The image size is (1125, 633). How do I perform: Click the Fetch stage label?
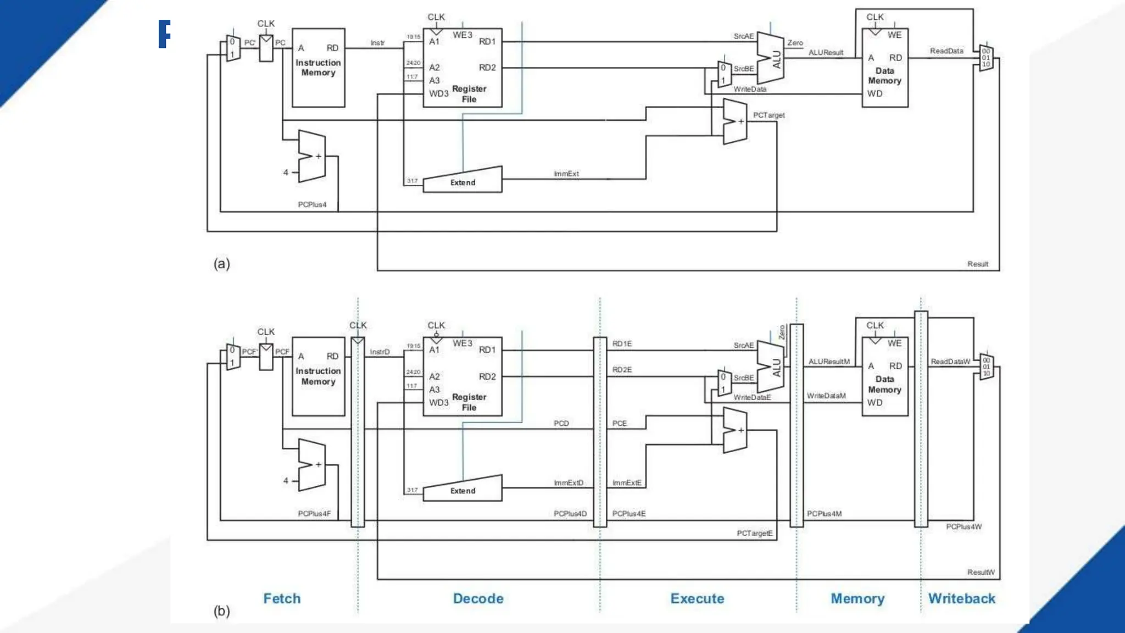pos(282,598)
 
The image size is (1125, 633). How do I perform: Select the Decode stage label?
pos(478,598)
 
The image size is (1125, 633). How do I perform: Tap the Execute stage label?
pos(697,598)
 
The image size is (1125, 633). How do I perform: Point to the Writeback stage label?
pos(961,598)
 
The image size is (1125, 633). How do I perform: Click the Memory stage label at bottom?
pos(857,598)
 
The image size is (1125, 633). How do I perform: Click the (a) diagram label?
pos(221,264)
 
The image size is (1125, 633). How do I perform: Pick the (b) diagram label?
pos(221,611)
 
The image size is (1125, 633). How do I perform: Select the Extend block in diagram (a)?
pos(463,182)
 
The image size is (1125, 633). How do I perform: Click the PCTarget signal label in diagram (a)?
pos(768,115)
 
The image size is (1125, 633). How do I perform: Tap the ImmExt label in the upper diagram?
pos(566,174)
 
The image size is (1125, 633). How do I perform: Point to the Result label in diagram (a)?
pos(977,264)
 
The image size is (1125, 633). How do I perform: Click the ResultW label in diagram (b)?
pos(981,573)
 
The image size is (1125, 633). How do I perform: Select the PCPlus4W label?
pos(964,527)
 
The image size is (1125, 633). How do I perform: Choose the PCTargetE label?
pos(754,534)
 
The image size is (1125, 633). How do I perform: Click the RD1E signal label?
pos(622,344)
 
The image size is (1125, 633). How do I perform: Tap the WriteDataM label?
pos(826,396)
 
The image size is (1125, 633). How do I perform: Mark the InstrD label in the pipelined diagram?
pos(380,352)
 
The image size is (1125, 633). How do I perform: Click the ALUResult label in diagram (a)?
pos(826,53)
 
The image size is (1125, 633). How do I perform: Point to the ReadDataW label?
pos(950,362)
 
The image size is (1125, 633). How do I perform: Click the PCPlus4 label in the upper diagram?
pos(312,205)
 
